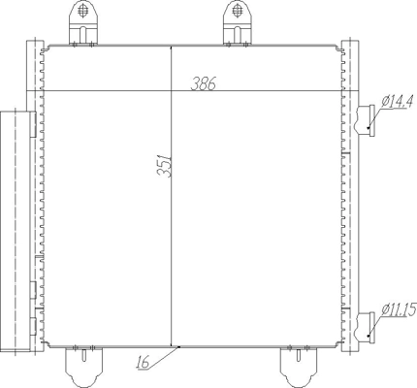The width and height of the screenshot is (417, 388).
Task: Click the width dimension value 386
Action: click(203, 83)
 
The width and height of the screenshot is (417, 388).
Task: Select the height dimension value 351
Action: click(164, 165)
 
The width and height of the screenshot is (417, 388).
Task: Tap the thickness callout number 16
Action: click(143, 362)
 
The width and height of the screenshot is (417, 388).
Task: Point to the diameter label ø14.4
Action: click(398, 101)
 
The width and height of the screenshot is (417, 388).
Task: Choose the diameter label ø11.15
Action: click(399, 309)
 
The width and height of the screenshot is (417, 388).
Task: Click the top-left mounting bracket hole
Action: click(83, 11)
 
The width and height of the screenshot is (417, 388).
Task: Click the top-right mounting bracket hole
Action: click(238, 11)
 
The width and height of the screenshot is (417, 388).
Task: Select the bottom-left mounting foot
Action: click(83, 367)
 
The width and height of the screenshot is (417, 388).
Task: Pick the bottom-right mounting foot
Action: click(298, 367)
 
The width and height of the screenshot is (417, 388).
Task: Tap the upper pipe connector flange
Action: click(367, 120)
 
